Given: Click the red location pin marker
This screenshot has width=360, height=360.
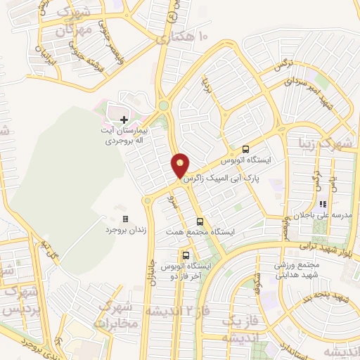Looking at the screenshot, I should tap(181, 165).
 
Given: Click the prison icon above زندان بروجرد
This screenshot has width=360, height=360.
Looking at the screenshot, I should tap(126, 219).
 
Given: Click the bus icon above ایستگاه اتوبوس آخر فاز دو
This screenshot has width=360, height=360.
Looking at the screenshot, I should tap(186, 256).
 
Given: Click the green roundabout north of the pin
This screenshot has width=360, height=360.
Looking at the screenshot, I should tap(164, 106).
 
